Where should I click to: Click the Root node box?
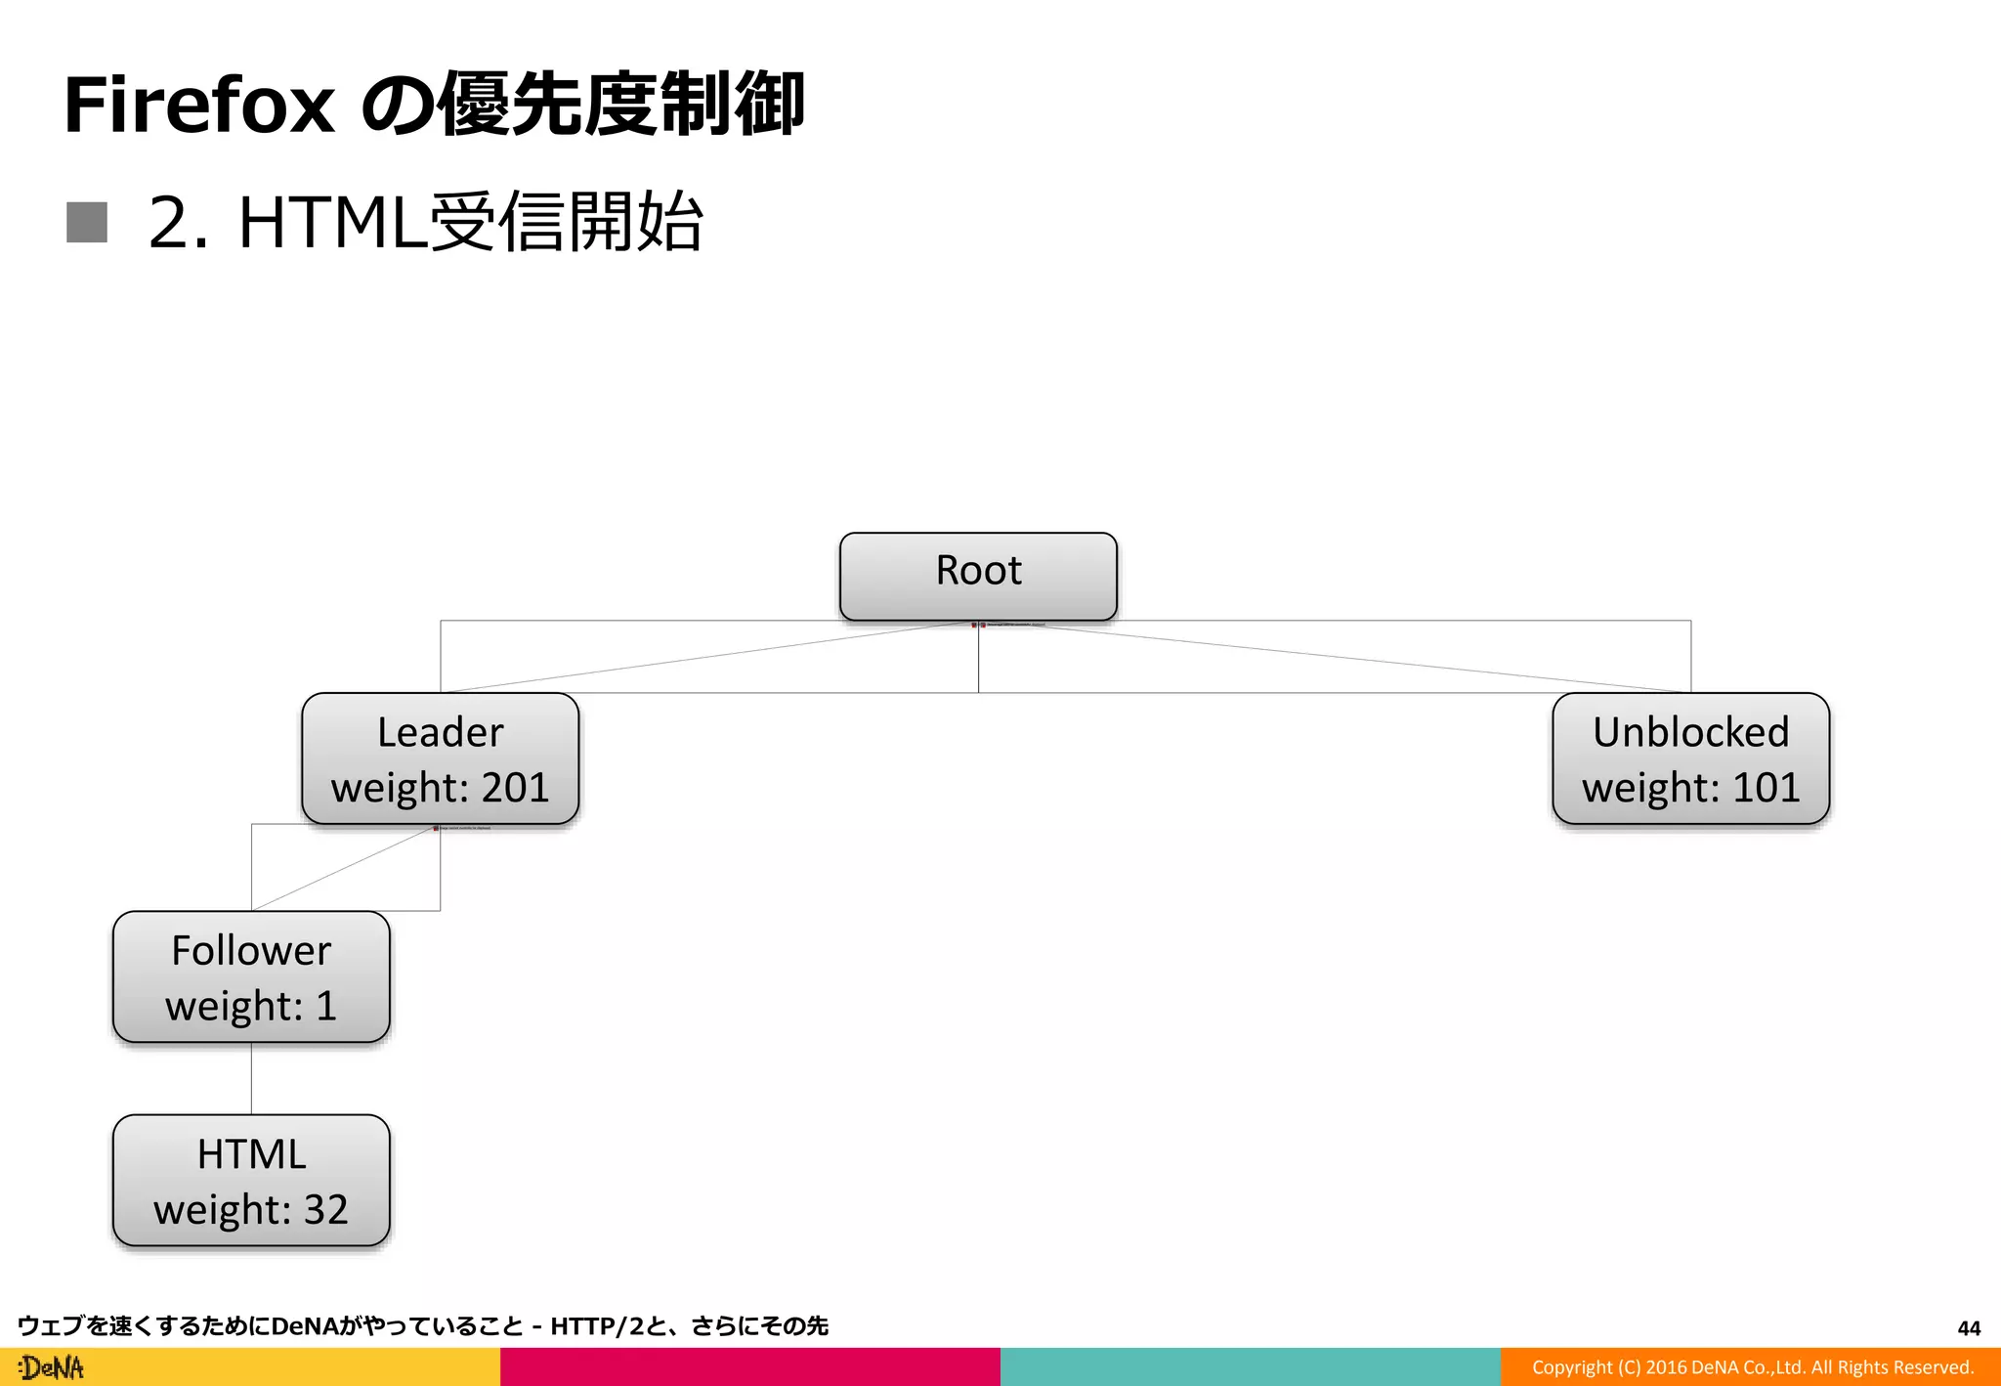[978, 576]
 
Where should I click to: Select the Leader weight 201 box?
[440, 758]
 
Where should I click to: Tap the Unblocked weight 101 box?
[1690, 758]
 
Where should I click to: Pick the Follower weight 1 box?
[251, 976]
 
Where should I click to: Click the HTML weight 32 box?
[251, 1180]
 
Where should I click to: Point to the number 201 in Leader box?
[514, 788]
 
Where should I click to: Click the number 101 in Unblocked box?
[1766, 788]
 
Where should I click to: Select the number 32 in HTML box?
[325, 1210]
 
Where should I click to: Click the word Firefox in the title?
[199, 106]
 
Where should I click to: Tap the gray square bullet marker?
[87, 222]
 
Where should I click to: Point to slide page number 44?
[1969, 1328]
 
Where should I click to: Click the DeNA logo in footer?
[52, 1367]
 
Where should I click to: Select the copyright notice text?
[1752, 1367]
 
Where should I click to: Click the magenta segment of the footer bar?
[749, 1366]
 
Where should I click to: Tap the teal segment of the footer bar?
[1250, 1366]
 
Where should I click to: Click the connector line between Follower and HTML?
[251, 1078]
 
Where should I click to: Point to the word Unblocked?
[1690, 732]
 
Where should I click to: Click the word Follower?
[251, 950]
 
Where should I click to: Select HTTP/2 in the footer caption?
[596, 1326]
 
